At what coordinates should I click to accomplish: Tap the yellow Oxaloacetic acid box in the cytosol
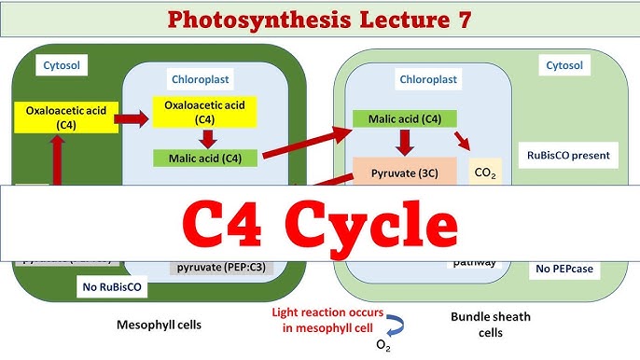pyautogui.click(x=65, y=118)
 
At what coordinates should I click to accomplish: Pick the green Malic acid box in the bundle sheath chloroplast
pyautogui.click(x=404, y=119)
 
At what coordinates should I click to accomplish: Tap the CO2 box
pyautogui.click(x=484, y=172)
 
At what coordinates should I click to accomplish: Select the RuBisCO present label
pyautogui.click(x=569, y=156)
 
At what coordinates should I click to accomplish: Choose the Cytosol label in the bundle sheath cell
pyautogui.click(x=563, y=65)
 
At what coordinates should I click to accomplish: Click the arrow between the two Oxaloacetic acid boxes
pyautogui.click(x=136, y=118)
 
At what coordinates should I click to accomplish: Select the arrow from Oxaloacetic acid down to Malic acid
pyautogui.click(x=206, y=137)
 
